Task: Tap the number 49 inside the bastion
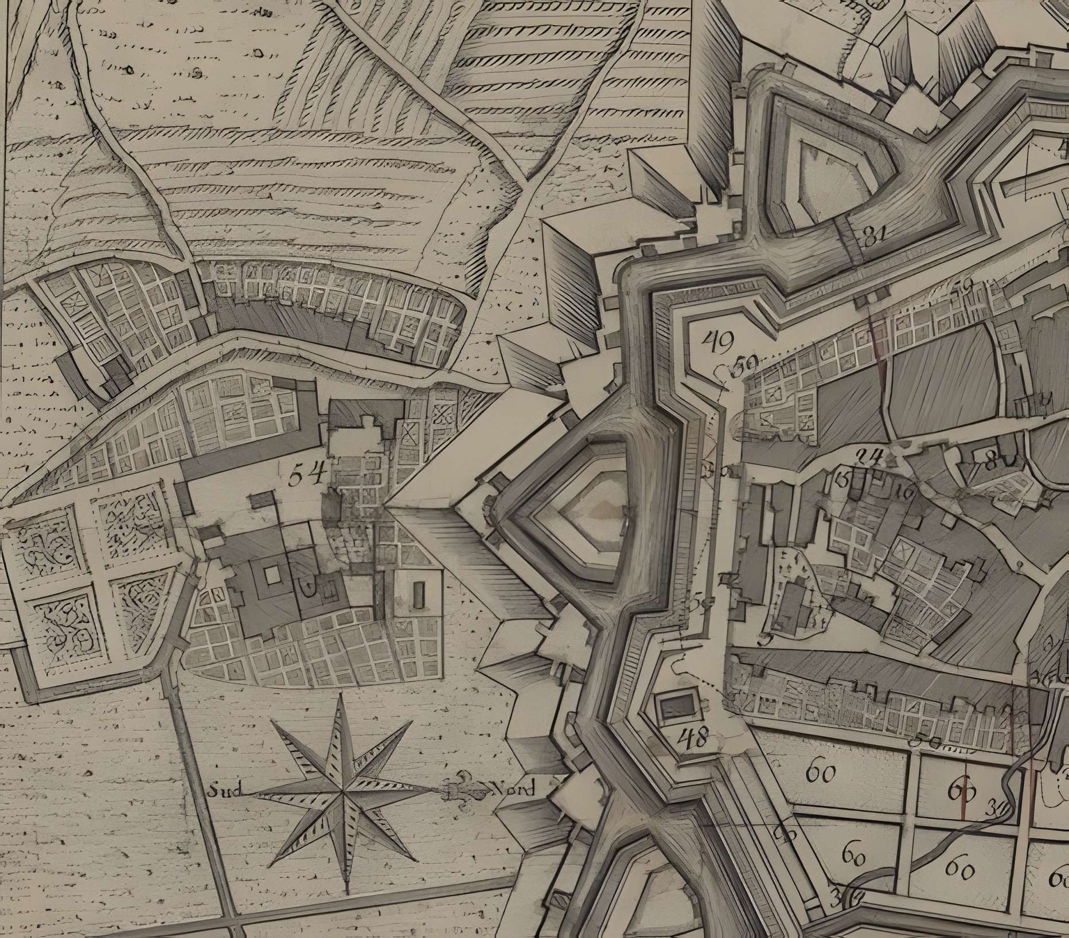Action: click(x=717, y=343)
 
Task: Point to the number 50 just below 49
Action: click(x=746, y=364)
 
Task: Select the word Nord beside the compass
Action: click(x=514, y=790)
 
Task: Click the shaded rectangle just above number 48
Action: click(x=677, y=707)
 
